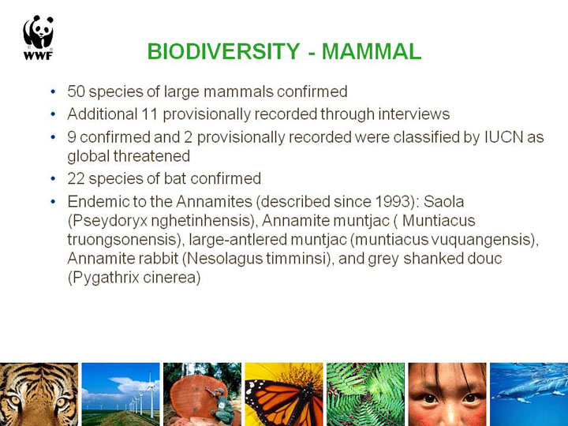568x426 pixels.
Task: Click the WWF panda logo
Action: [39, 37]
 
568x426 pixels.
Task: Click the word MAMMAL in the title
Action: [372, 51]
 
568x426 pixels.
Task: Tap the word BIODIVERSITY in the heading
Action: [223, 51]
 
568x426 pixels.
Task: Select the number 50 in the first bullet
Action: [76, 92]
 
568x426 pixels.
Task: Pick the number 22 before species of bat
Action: [76, 178]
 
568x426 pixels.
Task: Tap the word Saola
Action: [443, 201]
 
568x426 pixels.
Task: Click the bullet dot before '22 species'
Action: [54, 178]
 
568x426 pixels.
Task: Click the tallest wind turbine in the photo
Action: [151, 395]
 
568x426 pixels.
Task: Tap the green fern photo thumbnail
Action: [365, 394]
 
